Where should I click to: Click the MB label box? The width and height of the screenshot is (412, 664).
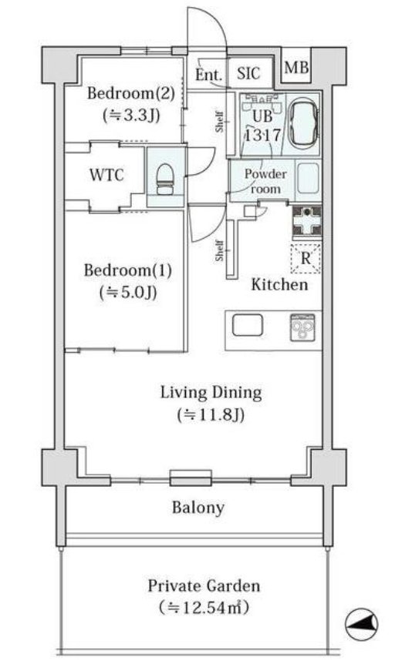(296, 67)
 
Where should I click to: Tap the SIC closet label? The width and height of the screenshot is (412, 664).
(248, 73)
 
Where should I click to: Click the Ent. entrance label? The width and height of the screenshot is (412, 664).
(208, 75)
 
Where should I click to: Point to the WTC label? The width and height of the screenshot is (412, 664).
(106, 175)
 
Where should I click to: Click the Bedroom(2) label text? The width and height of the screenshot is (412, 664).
(130, 93)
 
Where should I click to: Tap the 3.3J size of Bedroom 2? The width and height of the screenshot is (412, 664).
(131, 115)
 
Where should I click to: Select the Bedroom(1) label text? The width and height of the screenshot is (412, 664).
(128, 270)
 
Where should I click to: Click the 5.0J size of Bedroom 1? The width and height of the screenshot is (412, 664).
(128, 292)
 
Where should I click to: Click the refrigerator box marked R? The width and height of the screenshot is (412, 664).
(306, 258)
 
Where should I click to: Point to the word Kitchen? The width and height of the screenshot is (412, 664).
(279, 284)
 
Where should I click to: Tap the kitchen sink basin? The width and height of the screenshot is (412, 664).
(248, 326)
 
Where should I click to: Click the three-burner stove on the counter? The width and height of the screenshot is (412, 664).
(302, 327)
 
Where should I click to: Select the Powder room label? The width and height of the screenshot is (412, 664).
(265, 181)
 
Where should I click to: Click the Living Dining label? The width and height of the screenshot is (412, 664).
(211, 393)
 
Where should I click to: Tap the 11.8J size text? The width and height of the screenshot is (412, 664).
(211, 414)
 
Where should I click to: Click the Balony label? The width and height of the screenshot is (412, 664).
(198, 508)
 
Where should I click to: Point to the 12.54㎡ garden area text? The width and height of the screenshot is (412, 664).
(204, 608)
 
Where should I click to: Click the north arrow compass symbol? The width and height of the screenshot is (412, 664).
(362, 623)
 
